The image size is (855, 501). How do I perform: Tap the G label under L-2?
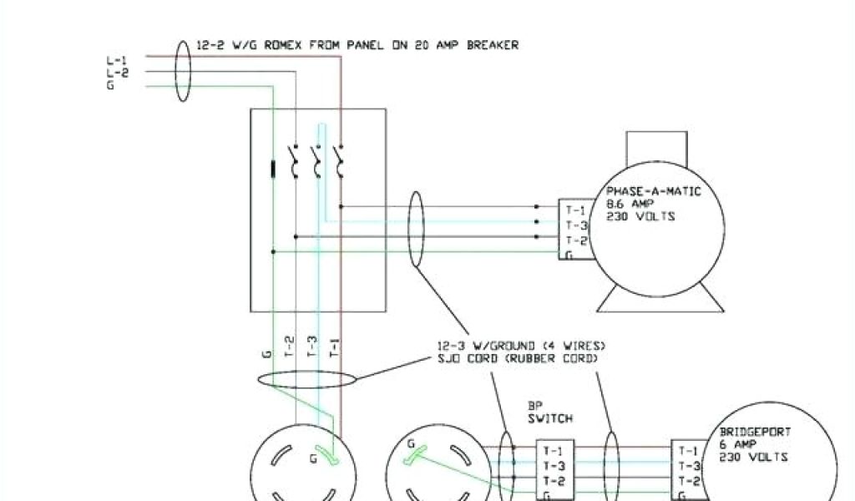click(110, 85)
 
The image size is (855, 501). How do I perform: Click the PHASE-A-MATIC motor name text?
click(653, 191)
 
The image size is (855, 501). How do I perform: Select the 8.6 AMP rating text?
click(630, 204)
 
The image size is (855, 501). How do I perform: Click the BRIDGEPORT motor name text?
click(755, 433)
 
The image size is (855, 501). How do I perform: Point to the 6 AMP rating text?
click(739, 445)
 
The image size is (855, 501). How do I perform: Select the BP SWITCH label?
click(550, 412)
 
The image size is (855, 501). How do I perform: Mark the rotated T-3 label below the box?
click(313, 345)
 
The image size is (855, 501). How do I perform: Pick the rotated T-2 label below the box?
click(290, 345)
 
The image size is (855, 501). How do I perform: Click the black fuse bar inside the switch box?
click(273, 169)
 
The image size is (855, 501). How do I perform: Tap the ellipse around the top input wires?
click(183, 70)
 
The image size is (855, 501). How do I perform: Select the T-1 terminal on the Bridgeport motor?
click(690, 451)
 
